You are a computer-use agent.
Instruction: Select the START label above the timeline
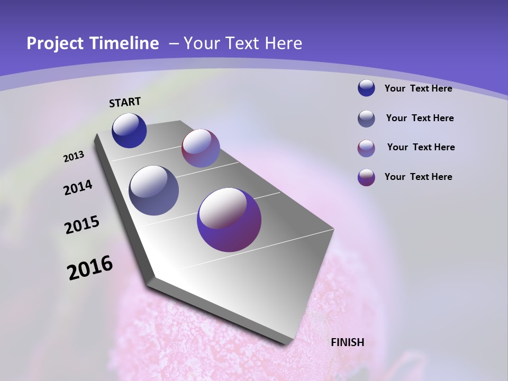tap(125, 102)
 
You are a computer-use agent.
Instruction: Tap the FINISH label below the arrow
tap(348, 342)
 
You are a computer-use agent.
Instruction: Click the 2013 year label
tap(74, 157)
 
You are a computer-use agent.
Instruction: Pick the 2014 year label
tap(78, 187)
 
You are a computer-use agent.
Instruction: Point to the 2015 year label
tap(82, 225)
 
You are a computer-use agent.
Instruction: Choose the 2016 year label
tap(90, 268)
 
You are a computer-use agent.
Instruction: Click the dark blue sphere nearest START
tap(129, 130)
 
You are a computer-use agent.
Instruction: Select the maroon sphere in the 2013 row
tap(201, 148)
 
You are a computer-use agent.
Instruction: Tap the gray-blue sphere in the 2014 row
tap(154, 190)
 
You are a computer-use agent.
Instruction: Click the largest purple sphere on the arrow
tap(229, 220)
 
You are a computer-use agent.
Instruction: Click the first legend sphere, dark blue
tap(366, 88)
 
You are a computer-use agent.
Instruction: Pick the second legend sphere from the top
tap(366, 119)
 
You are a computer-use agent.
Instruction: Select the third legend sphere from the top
tap(366, 148)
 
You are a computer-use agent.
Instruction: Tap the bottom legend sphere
tap(366, 177)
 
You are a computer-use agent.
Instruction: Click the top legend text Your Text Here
tap(418, 88)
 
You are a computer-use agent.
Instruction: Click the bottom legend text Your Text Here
tap(418, 177)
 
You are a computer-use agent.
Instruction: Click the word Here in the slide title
tap(284, 43)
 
